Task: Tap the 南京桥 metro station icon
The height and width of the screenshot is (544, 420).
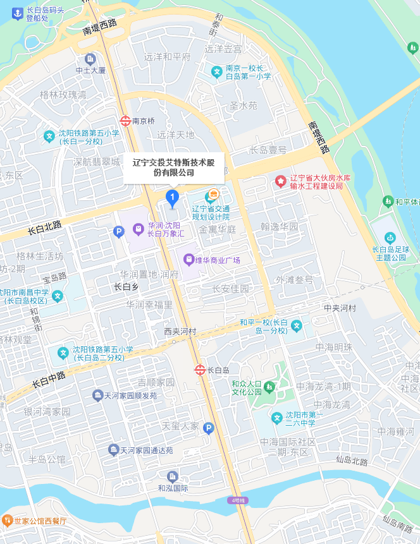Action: coord(125,120)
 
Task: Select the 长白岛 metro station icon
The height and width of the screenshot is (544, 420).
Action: coord(200,370)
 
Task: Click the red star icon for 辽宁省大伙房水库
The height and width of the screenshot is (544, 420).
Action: coord(280,181)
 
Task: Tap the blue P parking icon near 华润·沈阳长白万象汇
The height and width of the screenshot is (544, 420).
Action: coord(118,232)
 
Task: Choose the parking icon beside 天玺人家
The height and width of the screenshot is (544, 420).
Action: coord(209,428)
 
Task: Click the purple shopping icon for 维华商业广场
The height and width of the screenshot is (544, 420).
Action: coord(188,259)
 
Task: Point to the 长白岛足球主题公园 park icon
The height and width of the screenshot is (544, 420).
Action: coord(390,238)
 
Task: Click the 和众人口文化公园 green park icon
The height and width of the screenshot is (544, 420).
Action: coord(270,386)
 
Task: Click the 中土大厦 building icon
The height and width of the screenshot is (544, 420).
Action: coord(90,59)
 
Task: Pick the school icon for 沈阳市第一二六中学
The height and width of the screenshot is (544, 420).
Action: coord(276,418)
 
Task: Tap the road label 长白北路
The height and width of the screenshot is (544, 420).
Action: coord(44,227)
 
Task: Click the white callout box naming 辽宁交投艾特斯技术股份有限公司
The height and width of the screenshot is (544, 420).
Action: coord(173,167)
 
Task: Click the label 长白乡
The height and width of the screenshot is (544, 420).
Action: coord(126,287)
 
